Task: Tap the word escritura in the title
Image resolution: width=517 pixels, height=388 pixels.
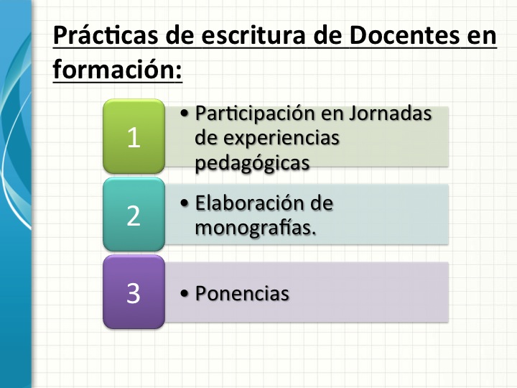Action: [x=236, y=35]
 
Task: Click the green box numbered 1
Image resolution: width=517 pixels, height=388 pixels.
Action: [x=134, y=137]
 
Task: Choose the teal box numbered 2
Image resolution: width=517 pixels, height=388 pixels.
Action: [x=134, y=215]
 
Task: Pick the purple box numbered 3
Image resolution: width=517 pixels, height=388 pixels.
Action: [x=134, y=292]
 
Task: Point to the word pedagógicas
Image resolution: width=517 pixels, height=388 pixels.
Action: [x=251, y=162]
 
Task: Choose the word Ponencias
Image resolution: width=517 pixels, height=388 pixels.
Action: [x=242, y=293]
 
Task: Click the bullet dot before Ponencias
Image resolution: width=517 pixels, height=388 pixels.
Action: [x=185, y=294]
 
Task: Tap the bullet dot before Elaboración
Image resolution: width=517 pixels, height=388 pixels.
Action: [x=185, y=204]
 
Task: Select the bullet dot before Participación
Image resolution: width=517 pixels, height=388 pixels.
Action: [x=185, y=115]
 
